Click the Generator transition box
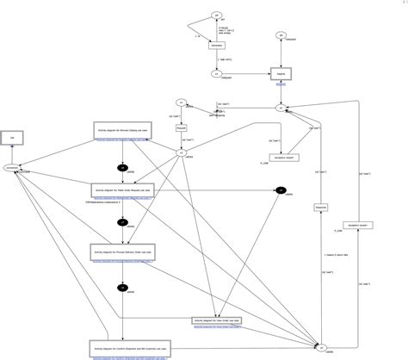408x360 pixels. pyautogui.click(x=216, y=45)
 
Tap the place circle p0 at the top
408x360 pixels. pyautogui.click(x=216, y=15)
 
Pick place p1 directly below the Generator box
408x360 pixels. pyautogui.click(x=216, y=74)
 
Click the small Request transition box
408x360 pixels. pyautogui.click(x=181, y=127)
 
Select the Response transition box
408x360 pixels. pyautogui.click(x=319, y=208)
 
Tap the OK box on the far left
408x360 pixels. pyautogui.click(x=12, y=138)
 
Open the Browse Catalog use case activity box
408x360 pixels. pyautogui.click(x=122, y=130)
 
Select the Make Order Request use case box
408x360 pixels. pyautogui.click(x=122, y=190)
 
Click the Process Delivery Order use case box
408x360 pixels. pyautogui.click(x=122, y=251)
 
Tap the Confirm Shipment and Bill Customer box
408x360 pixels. pyautogui.click(x=122, y=347)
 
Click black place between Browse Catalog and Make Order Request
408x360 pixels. pyautogui.click(x=122, y=167)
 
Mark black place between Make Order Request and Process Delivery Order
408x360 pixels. pyautogui.click(x=122, y=222)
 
